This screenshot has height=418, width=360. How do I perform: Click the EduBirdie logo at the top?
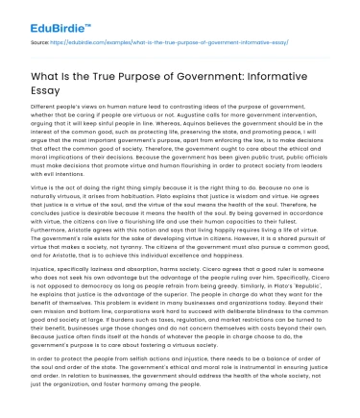(44, 11)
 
